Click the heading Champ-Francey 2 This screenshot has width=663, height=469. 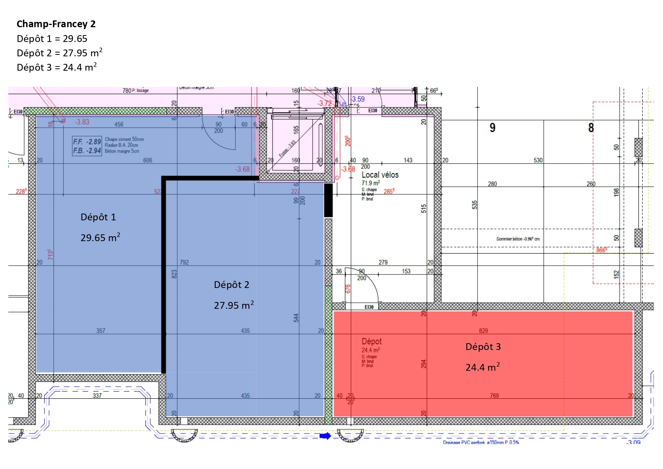coord(56,24)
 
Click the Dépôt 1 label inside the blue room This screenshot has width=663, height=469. coord(98,217)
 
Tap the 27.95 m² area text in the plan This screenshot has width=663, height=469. coord(233,305)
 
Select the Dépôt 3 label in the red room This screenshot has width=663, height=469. coord(483,347)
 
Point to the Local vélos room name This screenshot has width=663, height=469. coord(380,175)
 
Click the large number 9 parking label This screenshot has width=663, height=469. coord(492,128)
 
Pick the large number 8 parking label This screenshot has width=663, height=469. coord(591,128)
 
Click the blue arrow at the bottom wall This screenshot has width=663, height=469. coord(325,436)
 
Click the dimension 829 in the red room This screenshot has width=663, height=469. coord(483,331)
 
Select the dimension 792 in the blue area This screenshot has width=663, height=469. coord(184,262)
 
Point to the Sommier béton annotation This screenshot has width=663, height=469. coord(518,239)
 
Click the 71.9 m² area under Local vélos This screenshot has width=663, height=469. coord(371,183)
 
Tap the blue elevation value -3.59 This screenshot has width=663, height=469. coord(358,99)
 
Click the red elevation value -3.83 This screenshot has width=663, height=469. coord(82,122)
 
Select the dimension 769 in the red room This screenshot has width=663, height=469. coord(494,396)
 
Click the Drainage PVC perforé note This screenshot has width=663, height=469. coord(481,442)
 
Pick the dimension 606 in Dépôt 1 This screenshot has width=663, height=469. coord(147,160)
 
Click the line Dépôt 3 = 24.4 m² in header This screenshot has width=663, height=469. coord(57,67)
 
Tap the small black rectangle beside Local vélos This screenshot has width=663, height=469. coord(328,200)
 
